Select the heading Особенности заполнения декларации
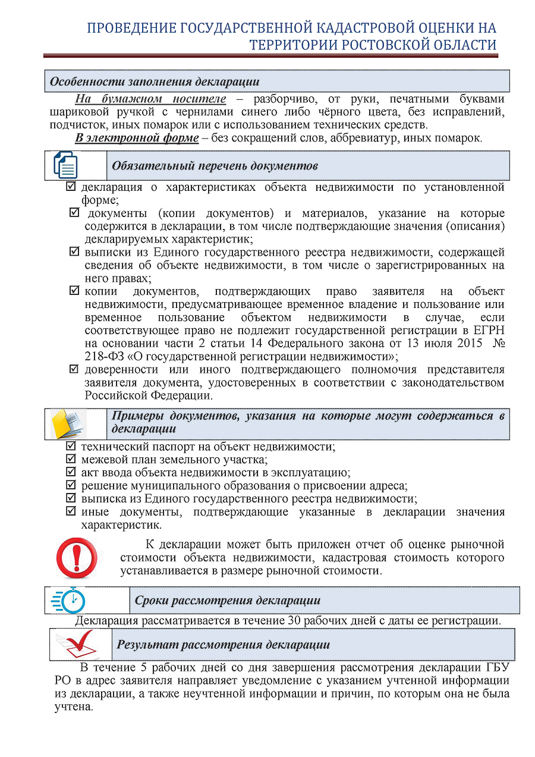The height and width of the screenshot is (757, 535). (154, 81)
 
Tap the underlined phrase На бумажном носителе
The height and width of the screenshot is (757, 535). (150, 99)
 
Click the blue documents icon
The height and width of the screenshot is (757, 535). (65, 165)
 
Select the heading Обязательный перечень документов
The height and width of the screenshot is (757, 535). (215, 166)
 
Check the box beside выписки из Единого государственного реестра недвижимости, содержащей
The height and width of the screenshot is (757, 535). (75, 252)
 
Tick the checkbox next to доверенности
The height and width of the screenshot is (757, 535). (75, 369)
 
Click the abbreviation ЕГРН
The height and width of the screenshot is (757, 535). (489, 331)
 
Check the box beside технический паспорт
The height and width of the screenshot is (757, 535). (71, 446)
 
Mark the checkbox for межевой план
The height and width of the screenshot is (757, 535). (71, 459)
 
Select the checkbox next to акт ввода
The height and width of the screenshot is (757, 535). (71, 472)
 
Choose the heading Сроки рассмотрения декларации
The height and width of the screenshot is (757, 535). (228, 601)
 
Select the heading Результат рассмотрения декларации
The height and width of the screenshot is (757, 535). (223, 645)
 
